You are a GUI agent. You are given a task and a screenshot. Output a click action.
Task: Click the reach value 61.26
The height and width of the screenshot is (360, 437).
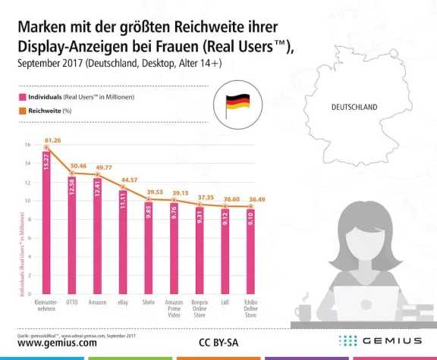coord(52,140)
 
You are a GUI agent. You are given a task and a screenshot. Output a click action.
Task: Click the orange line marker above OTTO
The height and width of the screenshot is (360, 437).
coord(72,174)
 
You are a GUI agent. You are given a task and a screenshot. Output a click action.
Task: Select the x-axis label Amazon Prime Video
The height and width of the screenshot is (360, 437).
coord(174,307)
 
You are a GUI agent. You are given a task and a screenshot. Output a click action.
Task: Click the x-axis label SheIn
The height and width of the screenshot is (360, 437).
coord(149,302)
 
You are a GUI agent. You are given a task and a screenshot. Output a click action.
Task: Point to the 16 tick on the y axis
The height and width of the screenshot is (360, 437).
coord(27,145)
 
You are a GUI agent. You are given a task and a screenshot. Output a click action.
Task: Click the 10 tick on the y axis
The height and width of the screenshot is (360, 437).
coord(27,201)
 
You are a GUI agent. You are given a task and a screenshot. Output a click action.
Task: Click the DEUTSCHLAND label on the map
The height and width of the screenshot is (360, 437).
coord(354,108)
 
